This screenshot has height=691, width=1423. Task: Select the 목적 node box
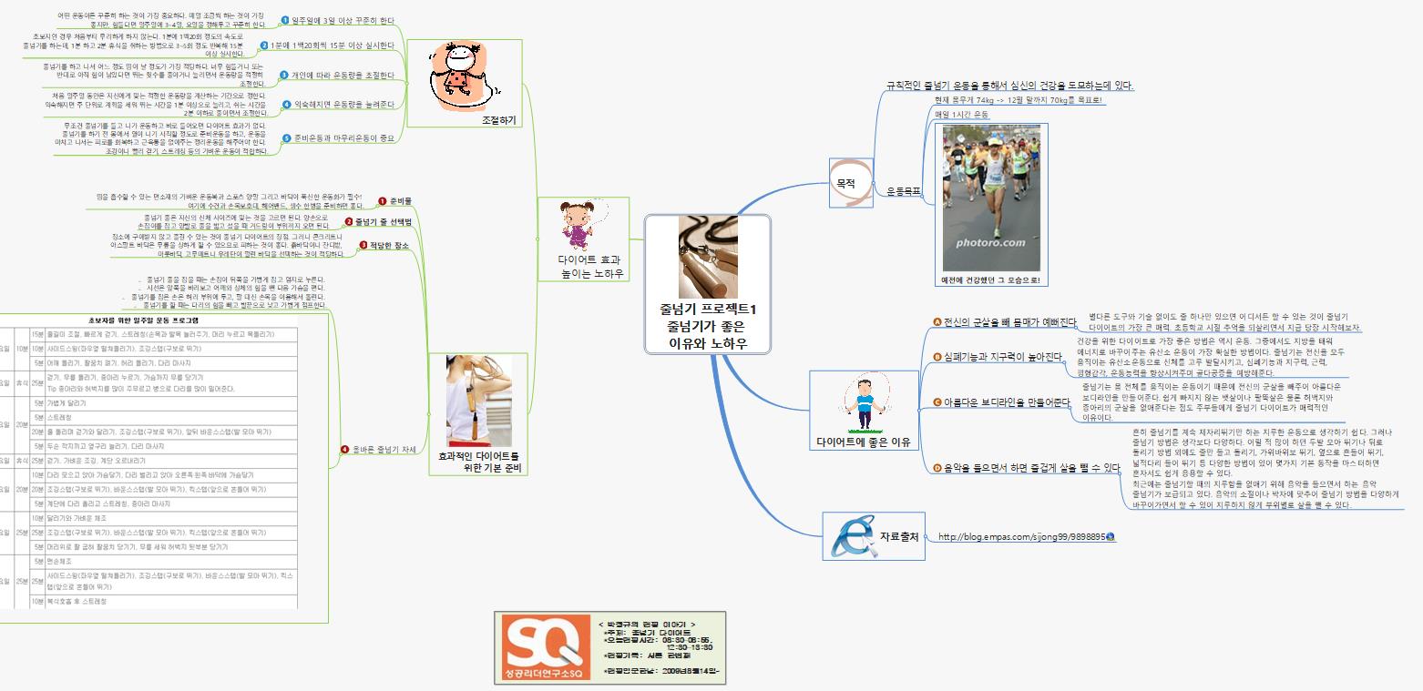[845, 182]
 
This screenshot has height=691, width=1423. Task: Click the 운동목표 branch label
[904, 191]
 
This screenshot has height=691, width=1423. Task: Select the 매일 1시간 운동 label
[961, 115]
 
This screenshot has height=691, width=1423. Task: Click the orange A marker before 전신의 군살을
[937, 321]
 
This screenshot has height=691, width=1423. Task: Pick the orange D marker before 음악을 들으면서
[937, 467]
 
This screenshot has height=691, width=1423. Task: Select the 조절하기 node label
[502, 119]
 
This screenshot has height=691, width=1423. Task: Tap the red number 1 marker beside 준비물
[382, 199]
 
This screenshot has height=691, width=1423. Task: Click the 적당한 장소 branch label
[390, 245]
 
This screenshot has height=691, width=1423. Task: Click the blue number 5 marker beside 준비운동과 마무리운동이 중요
[285, 137]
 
